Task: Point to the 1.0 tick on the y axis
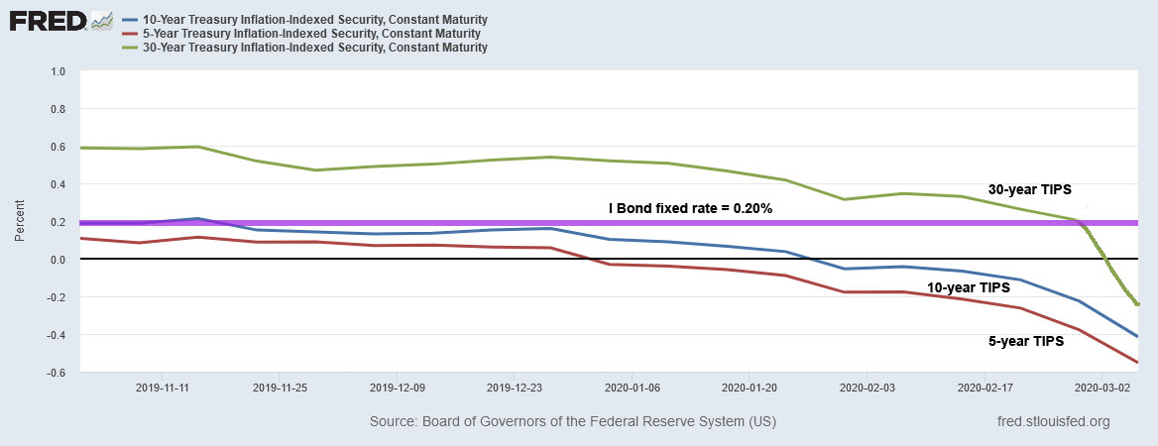coord(58,72)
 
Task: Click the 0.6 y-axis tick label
coord(58,147)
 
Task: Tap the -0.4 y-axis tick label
coord(56,335)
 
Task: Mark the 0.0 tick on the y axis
coord(58,260)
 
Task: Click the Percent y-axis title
coord(20,222)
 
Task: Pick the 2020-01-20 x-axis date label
coord(751,387)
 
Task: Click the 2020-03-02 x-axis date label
coord(1101,387)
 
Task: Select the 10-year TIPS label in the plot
coord(968,287)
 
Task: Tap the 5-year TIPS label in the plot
coord(1025,341)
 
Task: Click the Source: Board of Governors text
coord(573,421)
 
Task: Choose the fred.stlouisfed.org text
coord(1053,421)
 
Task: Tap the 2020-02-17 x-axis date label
coord(984,387)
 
